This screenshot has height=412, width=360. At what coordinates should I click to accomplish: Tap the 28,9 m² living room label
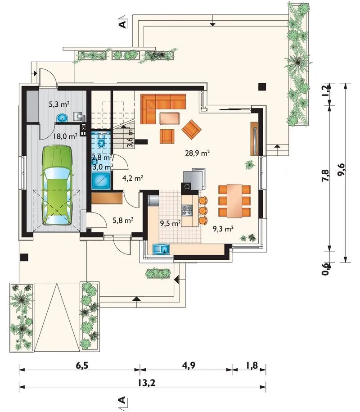pos(197,153)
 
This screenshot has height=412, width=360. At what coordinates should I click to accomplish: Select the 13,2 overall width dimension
pos(146,383)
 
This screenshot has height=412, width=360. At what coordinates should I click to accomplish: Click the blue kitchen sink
pos(161,249)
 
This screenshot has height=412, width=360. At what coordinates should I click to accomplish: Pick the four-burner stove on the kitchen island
pos(187,210)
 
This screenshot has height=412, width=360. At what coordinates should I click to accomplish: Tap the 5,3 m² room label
pos(59,104)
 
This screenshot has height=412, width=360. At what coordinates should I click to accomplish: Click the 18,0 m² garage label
pos(65,136)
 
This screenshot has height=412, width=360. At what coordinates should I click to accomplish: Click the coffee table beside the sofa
pos(169,118)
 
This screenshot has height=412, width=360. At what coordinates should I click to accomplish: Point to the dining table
pos(234,201)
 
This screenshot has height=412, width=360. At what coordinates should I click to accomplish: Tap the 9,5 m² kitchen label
pos(171,224)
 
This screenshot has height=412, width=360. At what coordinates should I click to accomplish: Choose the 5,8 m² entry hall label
pos(123,220)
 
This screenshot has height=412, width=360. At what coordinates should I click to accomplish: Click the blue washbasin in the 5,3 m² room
pos(62,118)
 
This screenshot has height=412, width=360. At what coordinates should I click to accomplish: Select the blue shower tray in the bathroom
pos(101,181)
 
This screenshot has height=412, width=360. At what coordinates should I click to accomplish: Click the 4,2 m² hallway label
pos(133,178)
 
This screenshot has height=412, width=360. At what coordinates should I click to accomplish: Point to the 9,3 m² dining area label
pos(223,229)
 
